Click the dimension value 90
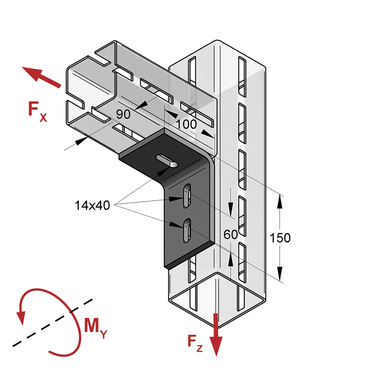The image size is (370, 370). [x=123, y=114]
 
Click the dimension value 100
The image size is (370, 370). [x=186, y=124]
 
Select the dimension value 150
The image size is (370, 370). [x=280, y=238]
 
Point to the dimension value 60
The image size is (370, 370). [x=231, y=235]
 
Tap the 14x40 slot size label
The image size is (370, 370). [x=92, y=205]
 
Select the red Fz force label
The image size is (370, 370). [x=195, y=343]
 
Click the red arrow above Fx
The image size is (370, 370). [x=41, y=77]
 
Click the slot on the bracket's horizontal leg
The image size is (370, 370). [x=167, y=161]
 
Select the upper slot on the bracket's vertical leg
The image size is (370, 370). [x=188, y=196]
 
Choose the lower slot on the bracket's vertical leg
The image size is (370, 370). [x=187, y=231]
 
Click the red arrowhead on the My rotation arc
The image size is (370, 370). [x=21, y=318]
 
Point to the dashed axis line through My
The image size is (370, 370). [x=52, y=323]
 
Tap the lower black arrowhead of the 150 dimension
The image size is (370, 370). [x=280, y=274]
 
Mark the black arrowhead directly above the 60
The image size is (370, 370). [x=231, y=209]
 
